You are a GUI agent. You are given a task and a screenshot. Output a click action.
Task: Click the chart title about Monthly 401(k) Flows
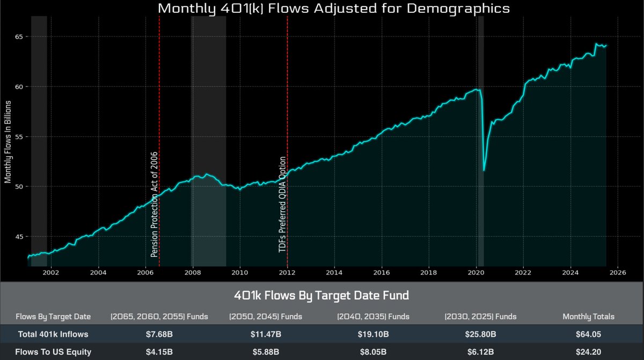333,9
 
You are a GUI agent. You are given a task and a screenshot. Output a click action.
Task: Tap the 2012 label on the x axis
287,272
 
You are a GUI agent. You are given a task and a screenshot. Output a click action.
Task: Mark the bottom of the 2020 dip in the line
484,171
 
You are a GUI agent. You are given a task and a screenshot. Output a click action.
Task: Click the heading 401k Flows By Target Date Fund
321,295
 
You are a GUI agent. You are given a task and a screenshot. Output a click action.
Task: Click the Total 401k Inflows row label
53,335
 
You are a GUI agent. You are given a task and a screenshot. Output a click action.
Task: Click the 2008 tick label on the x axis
193,272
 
